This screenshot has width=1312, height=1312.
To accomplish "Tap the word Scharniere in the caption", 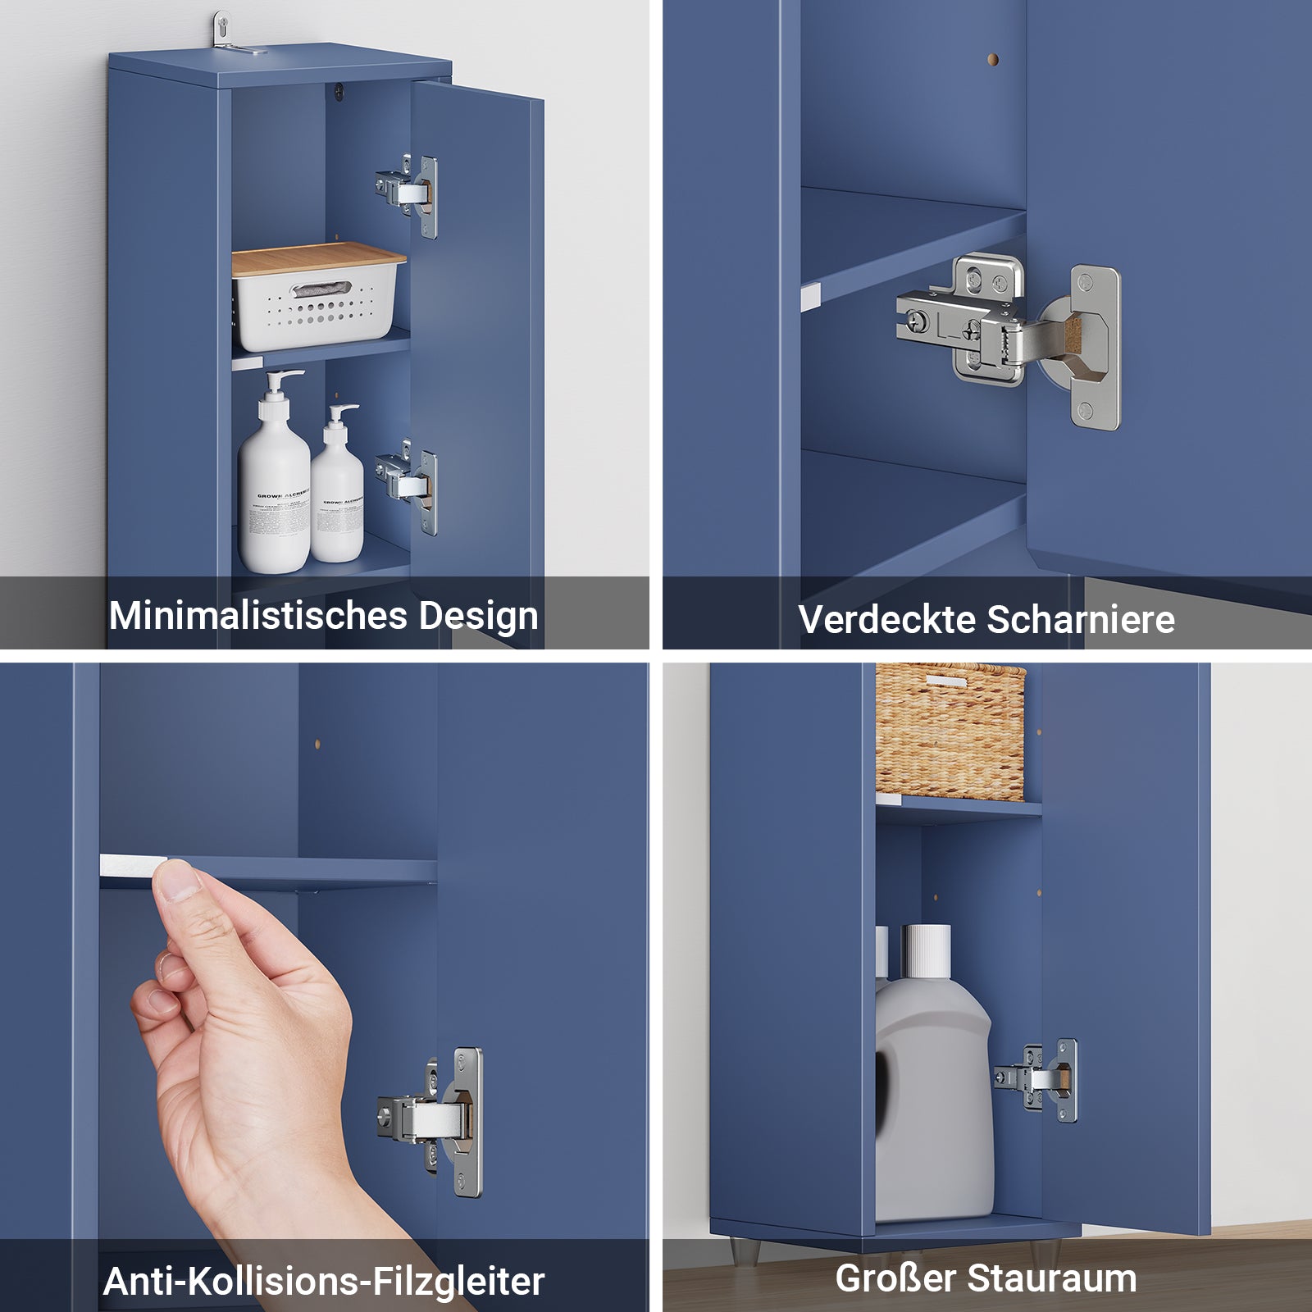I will point(1080,619).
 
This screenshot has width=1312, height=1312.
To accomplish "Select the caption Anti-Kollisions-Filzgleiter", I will point(324,1281).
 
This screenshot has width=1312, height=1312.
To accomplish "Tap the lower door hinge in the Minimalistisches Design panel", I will point(408,485).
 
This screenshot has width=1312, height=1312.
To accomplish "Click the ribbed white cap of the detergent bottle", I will point(926,951).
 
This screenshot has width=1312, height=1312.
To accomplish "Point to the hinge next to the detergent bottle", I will point(1038,1079).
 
